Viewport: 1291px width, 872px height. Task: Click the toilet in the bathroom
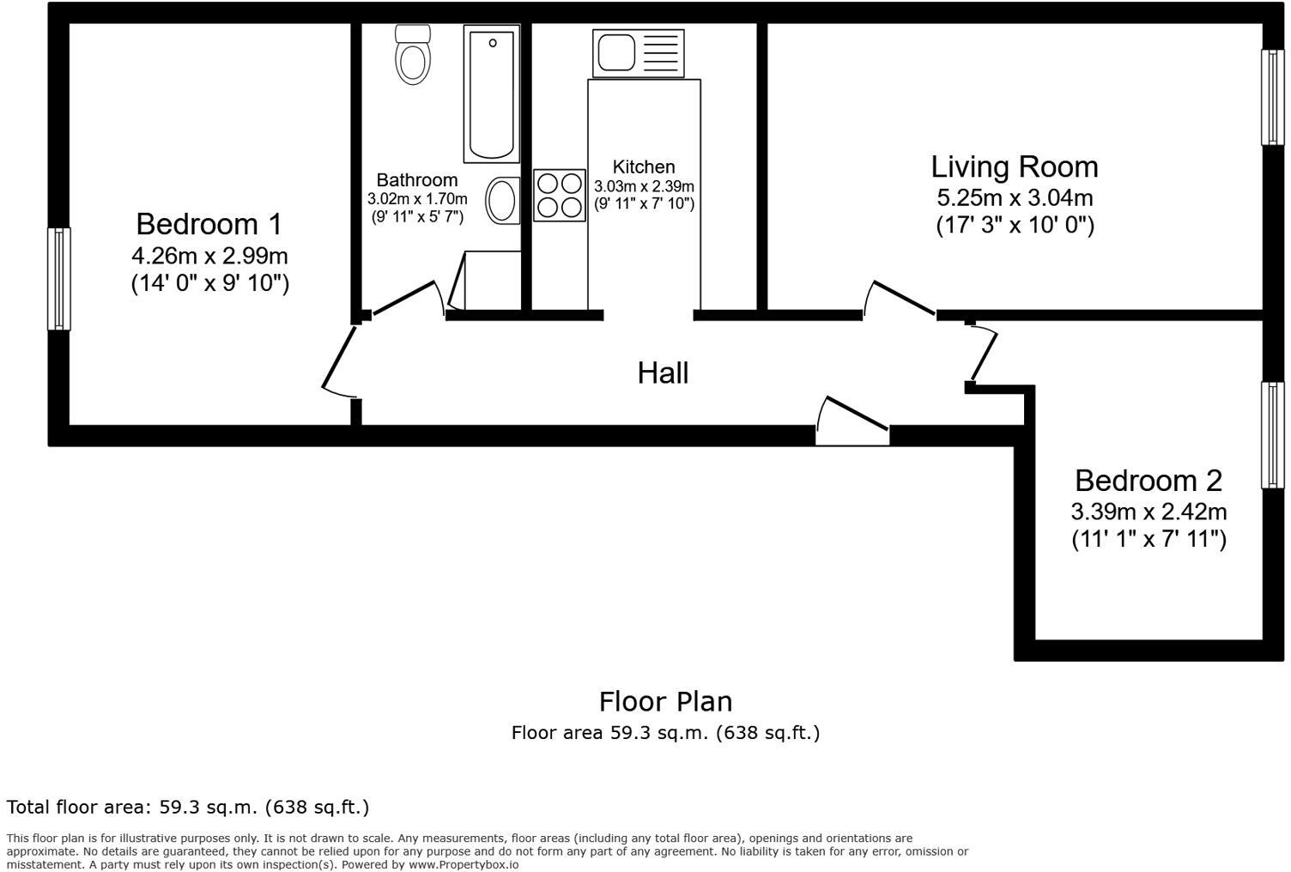[413, 54]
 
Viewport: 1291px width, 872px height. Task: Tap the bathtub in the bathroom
[492, 94]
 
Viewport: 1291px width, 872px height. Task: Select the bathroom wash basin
[502, 200]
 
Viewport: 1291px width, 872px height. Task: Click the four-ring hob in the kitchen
[559, 196]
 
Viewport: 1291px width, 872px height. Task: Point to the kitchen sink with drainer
[638, 53]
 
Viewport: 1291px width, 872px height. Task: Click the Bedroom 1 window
[58, 279]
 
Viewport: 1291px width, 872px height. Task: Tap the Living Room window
[1273, 97]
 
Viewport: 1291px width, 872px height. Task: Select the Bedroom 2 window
[1273, 435]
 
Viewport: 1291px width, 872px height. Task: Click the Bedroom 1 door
[340, 361]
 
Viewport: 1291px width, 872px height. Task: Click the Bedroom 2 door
[983, 353]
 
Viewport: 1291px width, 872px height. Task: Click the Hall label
[663, 372]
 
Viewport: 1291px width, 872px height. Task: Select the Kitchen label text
[644, 167]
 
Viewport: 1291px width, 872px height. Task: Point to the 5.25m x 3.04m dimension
[1015, 197]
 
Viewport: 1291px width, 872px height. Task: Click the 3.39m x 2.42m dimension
[1149, 512]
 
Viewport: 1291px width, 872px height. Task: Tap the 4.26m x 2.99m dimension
[209, 255]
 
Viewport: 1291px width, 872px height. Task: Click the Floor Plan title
[666, 701]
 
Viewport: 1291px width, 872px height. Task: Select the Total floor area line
[188, 807]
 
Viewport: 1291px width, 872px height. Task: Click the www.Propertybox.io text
[464, 864]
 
